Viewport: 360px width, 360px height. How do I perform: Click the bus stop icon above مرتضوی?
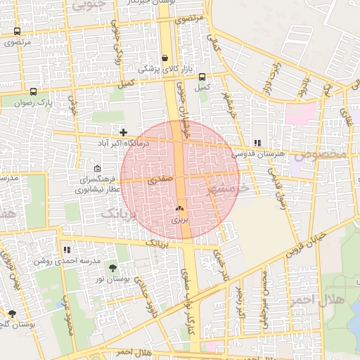pos(17,32)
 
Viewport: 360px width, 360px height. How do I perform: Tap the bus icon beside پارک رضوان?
pos(33,91)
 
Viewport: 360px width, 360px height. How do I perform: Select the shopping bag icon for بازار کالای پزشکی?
pos(165,58)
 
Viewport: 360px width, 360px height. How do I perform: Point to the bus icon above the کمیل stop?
pos(202,77)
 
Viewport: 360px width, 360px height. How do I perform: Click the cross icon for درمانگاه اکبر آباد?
pos(123,132)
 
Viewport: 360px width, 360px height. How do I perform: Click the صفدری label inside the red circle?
pos(160,180)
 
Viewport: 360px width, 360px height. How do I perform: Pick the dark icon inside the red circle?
pos(179,209)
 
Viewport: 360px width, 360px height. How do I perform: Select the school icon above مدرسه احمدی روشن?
pos(67,249)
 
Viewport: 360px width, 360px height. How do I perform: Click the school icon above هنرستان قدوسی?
pos(257,142)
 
